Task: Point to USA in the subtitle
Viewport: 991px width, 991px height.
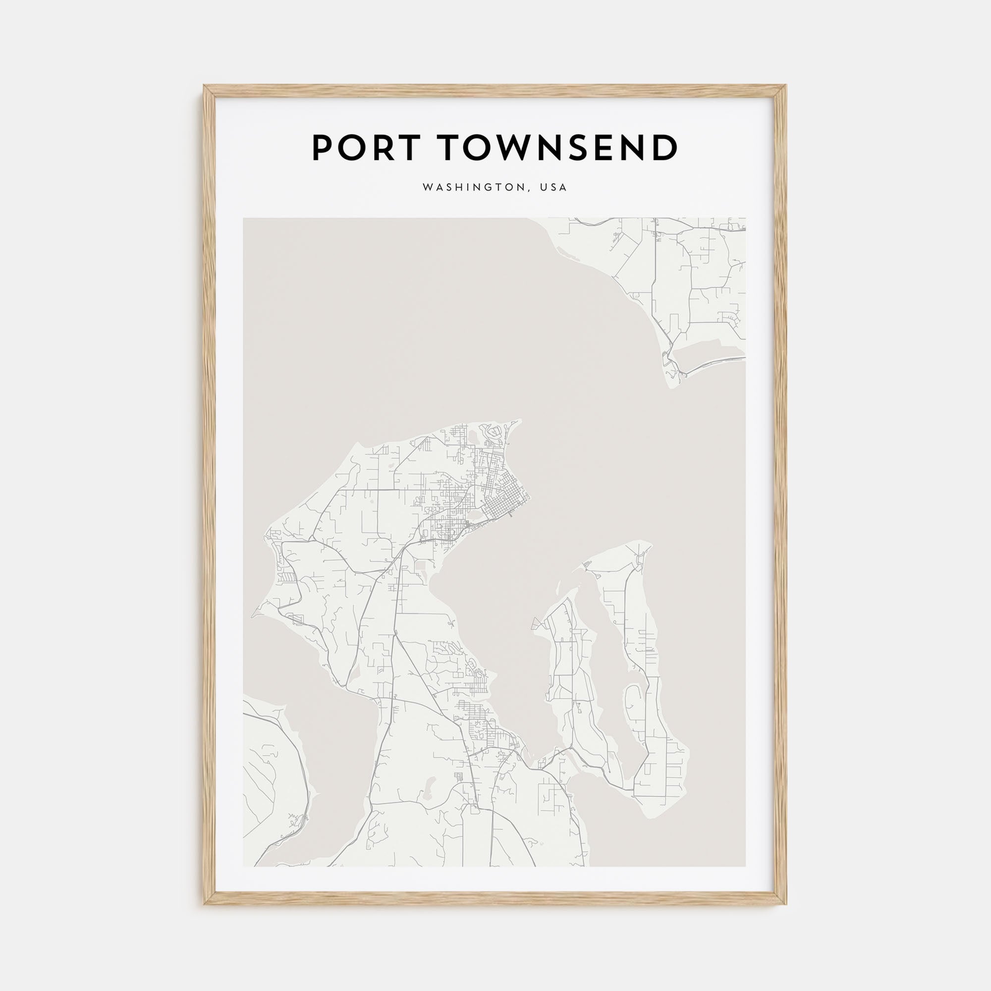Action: coord(553,188)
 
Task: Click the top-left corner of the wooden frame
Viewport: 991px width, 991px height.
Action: coord(204,86)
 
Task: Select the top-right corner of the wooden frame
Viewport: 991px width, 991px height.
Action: coord(786,86)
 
